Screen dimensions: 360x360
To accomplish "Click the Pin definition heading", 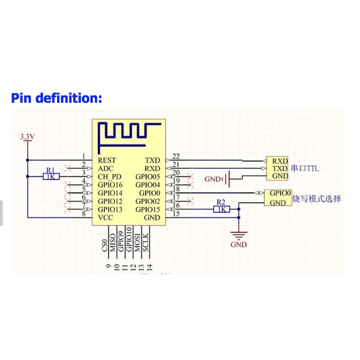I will pyautogui.click(x=57, y=98).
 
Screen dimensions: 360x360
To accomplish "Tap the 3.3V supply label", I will pyautogui.click(x=27, y=137).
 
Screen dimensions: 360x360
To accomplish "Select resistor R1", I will pyautogui.click(x=50, y=176).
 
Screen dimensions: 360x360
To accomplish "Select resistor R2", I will pyautogui.click(x=221, y=209).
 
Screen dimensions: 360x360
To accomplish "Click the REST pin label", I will pyautogui.click(x=107, y=160).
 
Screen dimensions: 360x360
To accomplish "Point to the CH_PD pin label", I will pyautogui.click(x=110, y=176).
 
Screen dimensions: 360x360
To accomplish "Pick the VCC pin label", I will pyautogui.click(x=105, y=218).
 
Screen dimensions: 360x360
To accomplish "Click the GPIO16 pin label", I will pyautogui.click(x=111, y=185).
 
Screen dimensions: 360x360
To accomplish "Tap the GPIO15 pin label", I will pyautogui.click(x=148, y=210).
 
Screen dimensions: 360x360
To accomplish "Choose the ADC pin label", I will pyautogui.click(x=105, y=168).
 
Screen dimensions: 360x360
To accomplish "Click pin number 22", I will pyautogui.click(x=176, y=156).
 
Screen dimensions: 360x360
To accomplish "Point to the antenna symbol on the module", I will pyautogui.click(x=128, y=132).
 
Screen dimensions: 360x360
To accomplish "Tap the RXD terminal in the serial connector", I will pyautogui.click(x=280, y=160).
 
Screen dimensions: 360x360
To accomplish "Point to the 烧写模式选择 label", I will pyautogui.click(x=316, y=199).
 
